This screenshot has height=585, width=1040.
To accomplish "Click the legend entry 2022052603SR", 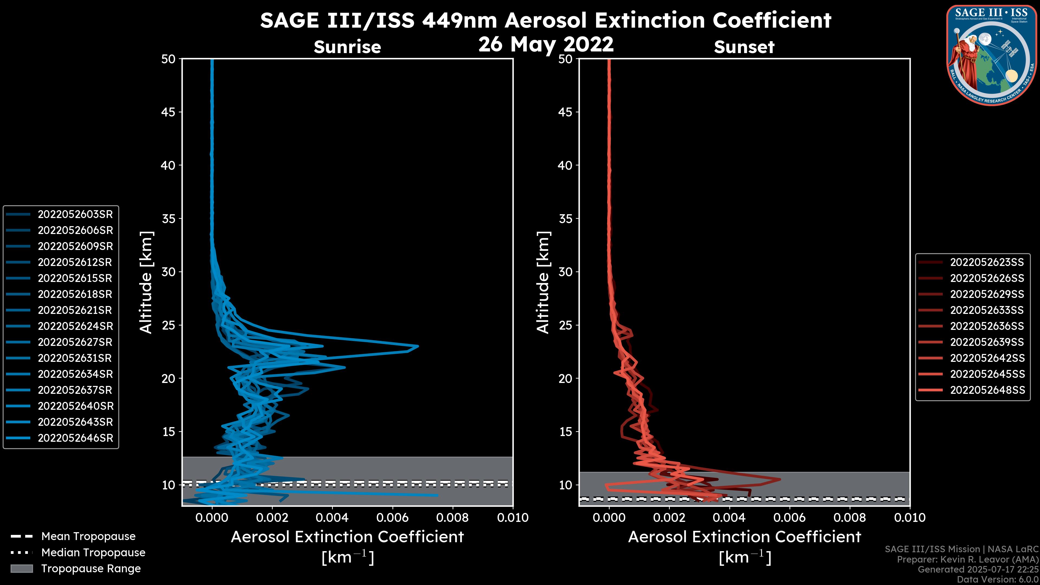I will tap(75, 214).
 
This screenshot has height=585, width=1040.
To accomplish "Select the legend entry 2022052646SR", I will tap(75, 438).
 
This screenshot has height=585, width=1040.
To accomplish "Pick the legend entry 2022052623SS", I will tap(987, 262).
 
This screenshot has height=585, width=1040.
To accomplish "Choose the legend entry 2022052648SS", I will tap(987, 390).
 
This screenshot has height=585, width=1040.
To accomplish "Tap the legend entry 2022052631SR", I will tap(75, 358).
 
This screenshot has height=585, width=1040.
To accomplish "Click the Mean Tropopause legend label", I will tap(88, 537).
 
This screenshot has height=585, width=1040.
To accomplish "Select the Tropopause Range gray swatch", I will tap(21, 568).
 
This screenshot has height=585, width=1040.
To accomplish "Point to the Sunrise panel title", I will tap(347, 47).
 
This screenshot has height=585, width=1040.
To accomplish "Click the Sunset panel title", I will tap(744, 47).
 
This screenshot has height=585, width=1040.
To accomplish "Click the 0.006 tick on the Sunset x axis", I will tap(790, 518).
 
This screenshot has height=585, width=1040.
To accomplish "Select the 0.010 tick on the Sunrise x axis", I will tap(512, 518).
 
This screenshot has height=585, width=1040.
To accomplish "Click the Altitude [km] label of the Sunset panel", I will tap(543, 282).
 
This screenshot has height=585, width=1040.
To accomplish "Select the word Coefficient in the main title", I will tap(772, 20).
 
